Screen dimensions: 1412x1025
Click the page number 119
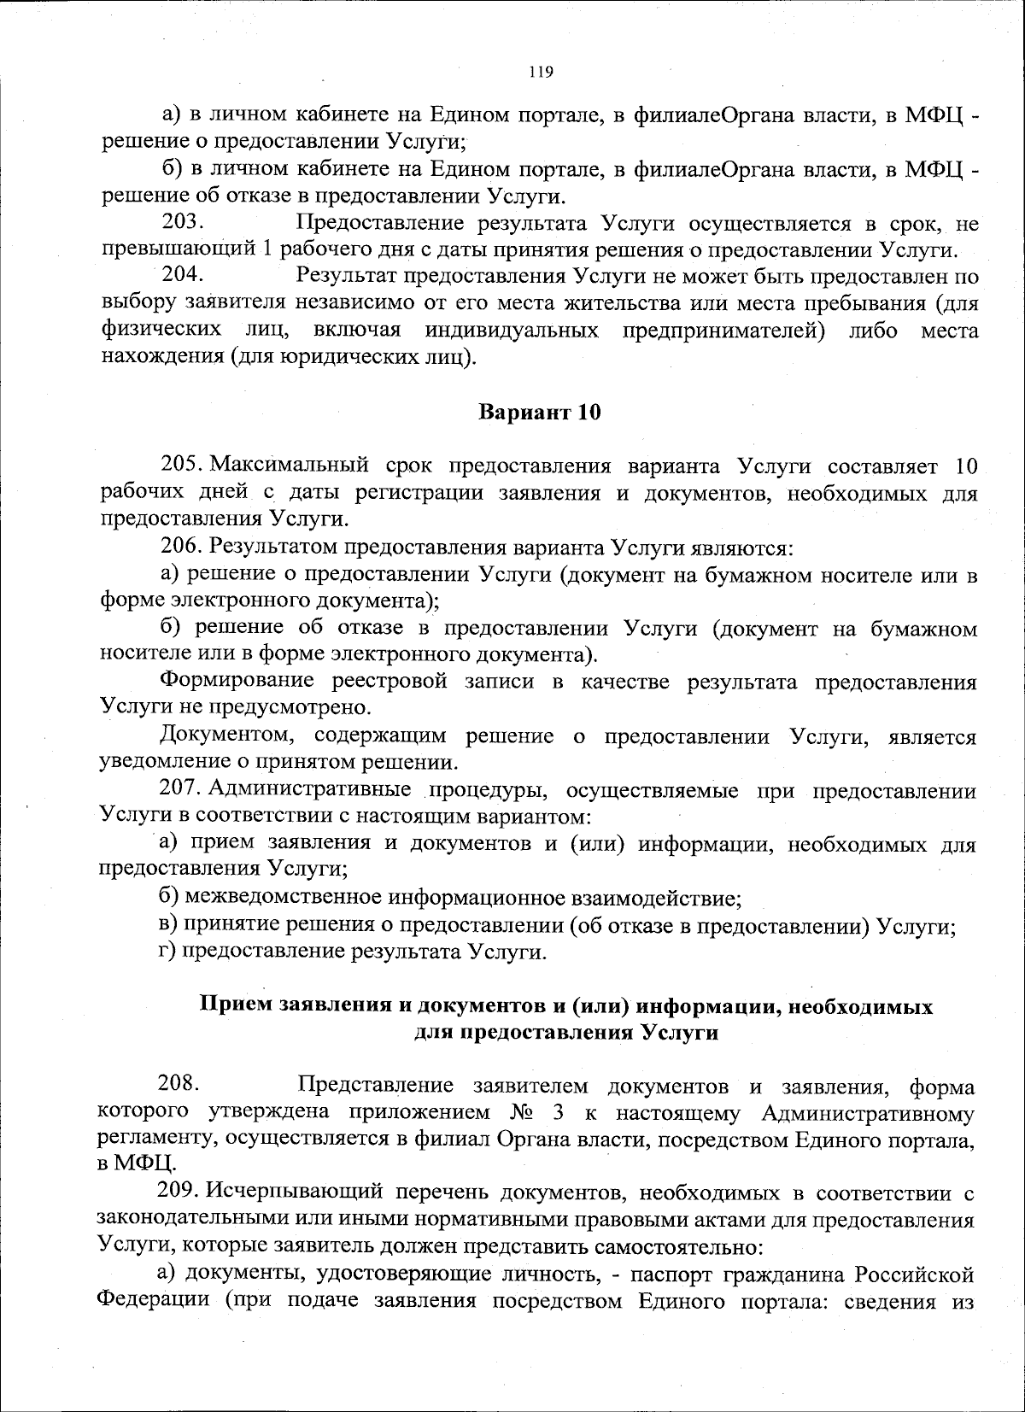point(541,72)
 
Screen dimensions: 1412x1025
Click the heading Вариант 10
point(539,413)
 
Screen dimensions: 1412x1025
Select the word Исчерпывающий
point(280,1192)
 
